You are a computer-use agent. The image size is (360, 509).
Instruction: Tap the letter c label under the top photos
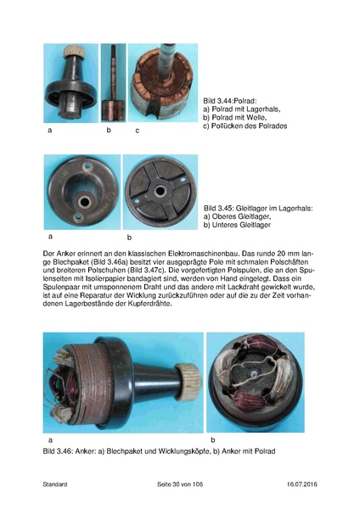point(138,131)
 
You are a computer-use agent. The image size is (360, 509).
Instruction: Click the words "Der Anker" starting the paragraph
point(58,254)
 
